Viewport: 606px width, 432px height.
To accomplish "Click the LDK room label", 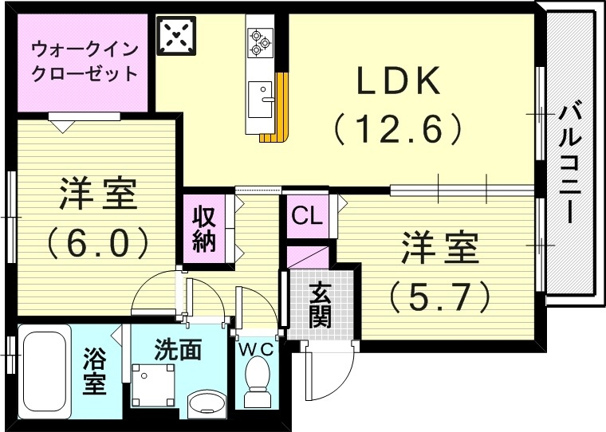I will [x=397, y=81].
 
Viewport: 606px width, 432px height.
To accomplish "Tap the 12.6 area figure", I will [x=398, y=128].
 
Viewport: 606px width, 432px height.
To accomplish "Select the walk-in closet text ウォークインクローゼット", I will [x=85, y=61].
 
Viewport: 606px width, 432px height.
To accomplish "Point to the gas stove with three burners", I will [x=259, y=42].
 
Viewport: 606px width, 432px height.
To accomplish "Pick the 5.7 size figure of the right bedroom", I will [x=439, y=297].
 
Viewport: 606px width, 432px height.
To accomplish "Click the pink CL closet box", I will [x=307, y=215].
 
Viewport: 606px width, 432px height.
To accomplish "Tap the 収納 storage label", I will [x=204, y=229].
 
